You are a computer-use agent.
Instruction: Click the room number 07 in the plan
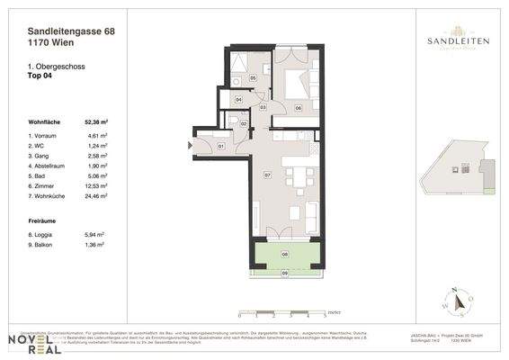(x=267, y=175)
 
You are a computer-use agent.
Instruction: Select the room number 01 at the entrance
(x=221, y=145)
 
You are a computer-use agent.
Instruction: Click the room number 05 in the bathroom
(x=254, y=79)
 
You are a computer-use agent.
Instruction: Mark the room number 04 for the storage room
(x=238, y=100)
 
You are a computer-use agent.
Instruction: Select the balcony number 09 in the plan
(x=285, y=273)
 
